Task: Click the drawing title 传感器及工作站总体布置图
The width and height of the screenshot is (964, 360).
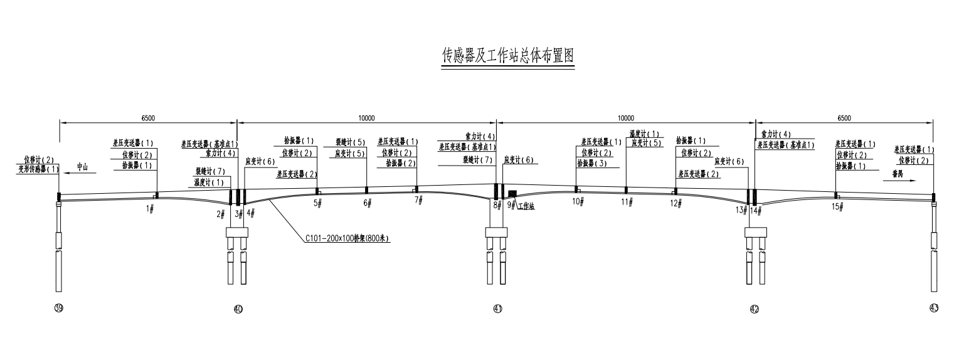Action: (507, 56)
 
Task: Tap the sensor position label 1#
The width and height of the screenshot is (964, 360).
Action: (150, 208)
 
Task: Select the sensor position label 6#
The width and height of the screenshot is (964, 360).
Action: (368, 203)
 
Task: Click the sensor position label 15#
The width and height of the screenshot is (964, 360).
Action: (835, 206)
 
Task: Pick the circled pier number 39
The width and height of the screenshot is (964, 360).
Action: (59, 308)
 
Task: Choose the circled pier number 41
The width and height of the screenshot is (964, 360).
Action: (497, 308)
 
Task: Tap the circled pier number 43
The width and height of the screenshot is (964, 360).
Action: (934, 307)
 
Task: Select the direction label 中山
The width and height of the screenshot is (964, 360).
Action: (83, 167)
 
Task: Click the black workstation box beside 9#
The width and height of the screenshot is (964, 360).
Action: (512, 193)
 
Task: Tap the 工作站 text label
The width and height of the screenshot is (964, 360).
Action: (526, 205)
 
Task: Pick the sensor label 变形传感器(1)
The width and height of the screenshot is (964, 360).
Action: (38, 169)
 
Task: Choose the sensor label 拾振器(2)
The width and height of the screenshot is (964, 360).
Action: (401, 163)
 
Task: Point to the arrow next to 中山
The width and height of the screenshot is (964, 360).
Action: (67, 169)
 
